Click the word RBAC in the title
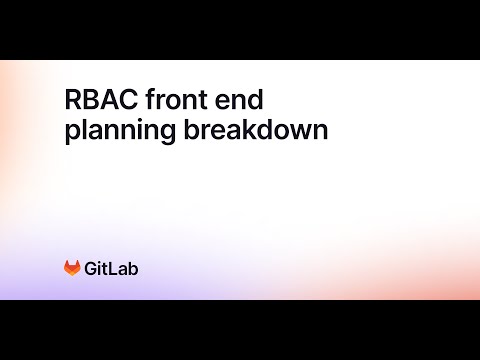click(x=97, y=100)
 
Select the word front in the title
click(x=174, y=100)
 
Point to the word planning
click(x=111, y=133)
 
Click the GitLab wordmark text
click(x=112, y=268)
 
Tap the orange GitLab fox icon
click(x=73, y=268)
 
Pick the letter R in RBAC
click(x=73, y=100)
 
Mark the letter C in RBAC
click(x=124, y=100)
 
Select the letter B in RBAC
click(x=89, y=100)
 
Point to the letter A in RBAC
click(x=106, y=100)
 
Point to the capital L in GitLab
click(x=114, y=268)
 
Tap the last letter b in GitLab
click(x=133, y=268)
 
